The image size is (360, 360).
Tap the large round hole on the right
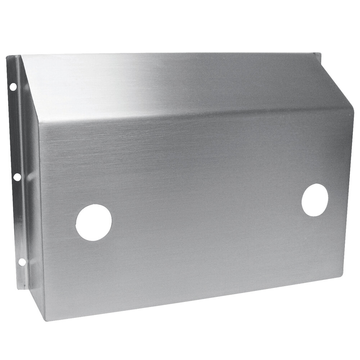point(315,200)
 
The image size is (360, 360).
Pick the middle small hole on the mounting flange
point(16,177)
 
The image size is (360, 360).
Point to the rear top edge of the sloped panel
point(169,54)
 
